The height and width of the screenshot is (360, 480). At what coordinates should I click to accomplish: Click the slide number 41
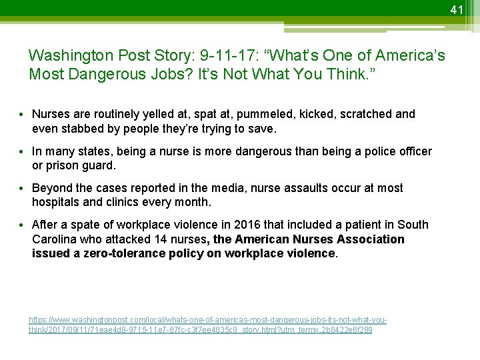click(456, 9)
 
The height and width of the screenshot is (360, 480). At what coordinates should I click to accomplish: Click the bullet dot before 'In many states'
click(24, 152)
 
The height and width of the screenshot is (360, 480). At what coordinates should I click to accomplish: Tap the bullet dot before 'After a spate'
click(24, 225)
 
